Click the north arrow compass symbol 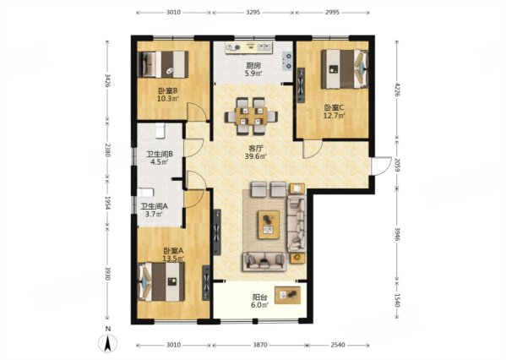coord(108,343)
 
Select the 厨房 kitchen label coord(253,66)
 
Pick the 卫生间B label coord(160,154)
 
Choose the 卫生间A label coord(155,206)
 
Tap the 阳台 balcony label coord(259,297)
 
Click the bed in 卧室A coord(161,282)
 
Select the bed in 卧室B coord(163,64)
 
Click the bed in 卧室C coord(345,68)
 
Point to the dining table coord(251,117)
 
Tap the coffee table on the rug coord(269,225)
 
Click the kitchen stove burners coord(287,62)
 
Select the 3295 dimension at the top coord(253,13)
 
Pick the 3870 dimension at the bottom coord(260,345)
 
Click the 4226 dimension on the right coord(397,90)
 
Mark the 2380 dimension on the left coord(107,150)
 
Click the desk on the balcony coord(287,295)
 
